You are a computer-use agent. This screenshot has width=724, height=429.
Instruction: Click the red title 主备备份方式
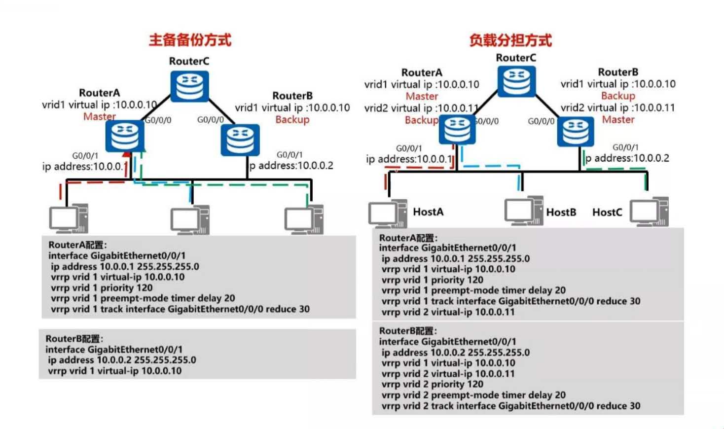point(190,40)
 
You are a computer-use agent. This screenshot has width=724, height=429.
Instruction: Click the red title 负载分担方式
point(510,40)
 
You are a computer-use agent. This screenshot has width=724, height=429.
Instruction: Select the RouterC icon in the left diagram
point(190,86)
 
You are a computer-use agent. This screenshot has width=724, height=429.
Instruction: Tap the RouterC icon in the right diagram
point(516,82)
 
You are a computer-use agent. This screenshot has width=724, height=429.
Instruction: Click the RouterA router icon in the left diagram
point(125,136)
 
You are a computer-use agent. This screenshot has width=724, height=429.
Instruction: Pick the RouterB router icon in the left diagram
point(240,140)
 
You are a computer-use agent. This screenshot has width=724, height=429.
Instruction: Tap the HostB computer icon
point(523,211)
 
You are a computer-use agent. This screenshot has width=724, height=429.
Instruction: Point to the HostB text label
point(561,213)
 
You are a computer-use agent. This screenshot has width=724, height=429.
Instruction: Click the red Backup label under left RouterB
point(292,120)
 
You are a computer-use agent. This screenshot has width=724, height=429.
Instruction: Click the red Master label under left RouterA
point(99,116)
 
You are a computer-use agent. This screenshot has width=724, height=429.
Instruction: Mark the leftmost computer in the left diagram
point(69,219)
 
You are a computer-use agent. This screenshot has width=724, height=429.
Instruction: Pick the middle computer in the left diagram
point(190,220)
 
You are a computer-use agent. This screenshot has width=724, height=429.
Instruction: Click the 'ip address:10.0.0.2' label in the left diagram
point(291,166)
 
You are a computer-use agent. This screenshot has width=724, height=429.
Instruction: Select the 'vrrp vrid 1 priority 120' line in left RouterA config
point(102,288)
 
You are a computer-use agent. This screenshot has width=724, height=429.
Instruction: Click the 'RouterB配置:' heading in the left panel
point(74,339)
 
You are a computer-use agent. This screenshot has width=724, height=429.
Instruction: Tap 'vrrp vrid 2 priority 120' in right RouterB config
point(433,385)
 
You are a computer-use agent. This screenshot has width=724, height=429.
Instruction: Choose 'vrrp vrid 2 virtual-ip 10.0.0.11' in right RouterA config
point(448,312)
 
